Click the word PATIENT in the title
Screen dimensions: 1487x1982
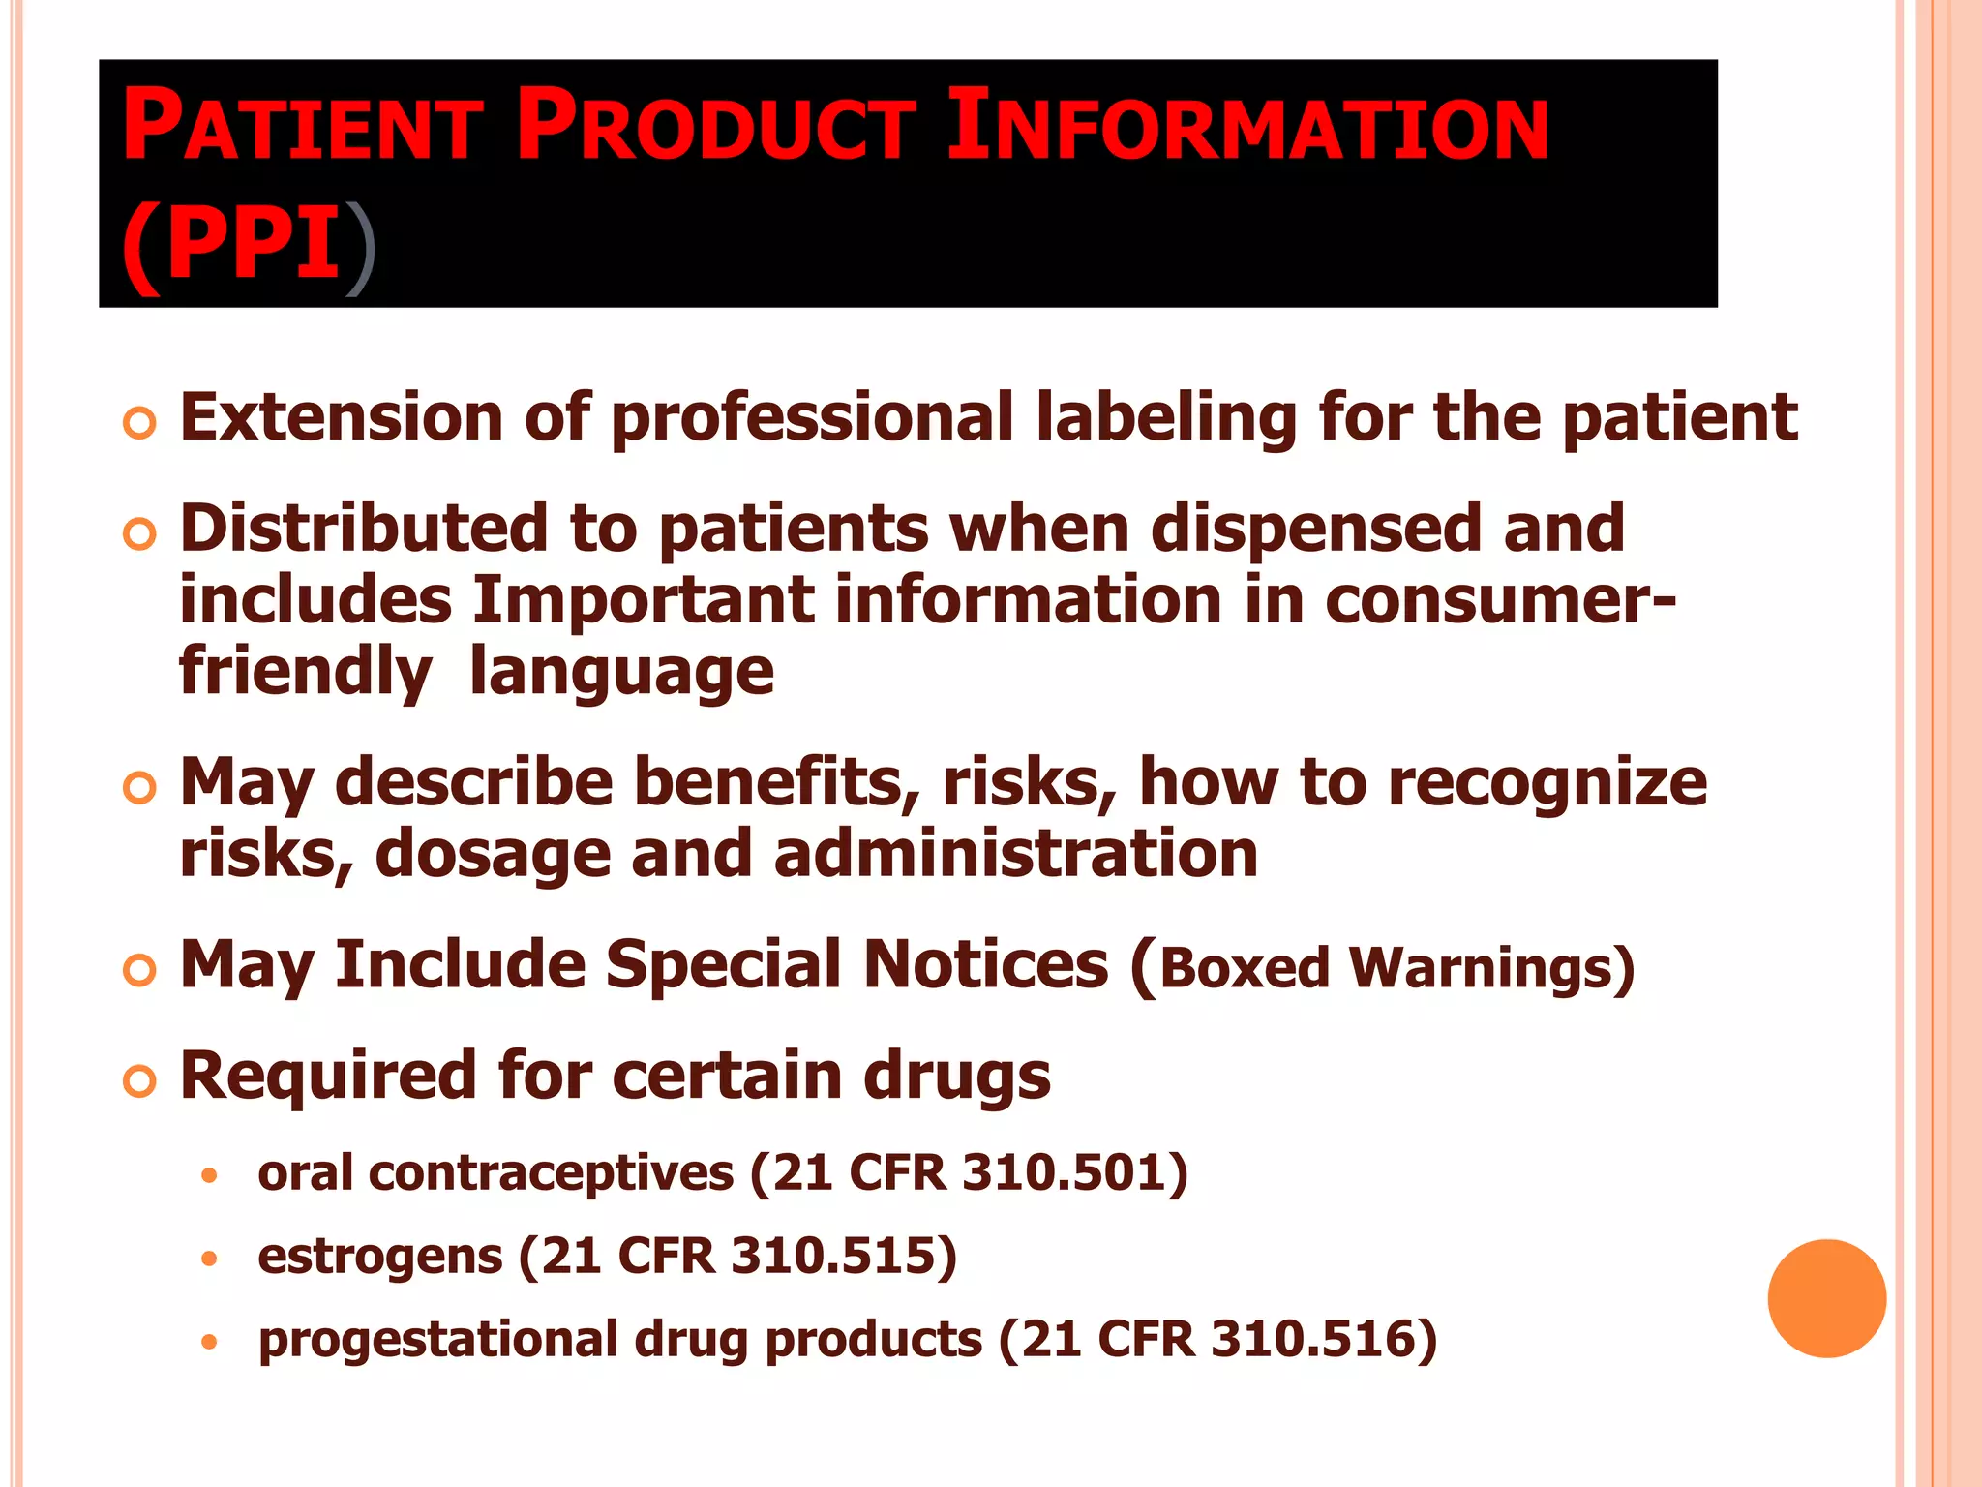pos(301,126)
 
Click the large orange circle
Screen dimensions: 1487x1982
pos(1826,1298)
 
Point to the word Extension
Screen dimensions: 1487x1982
pos(341,417)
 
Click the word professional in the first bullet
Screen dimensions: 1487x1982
pos(813,419)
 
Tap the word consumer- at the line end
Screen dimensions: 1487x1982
pos(1499,601)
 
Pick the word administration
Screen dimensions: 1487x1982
pos(1016,854)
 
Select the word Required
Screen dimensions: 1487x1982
pos(328,1076)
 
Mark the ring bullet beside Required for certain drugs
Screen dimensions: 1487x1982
pos(140,1080)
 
